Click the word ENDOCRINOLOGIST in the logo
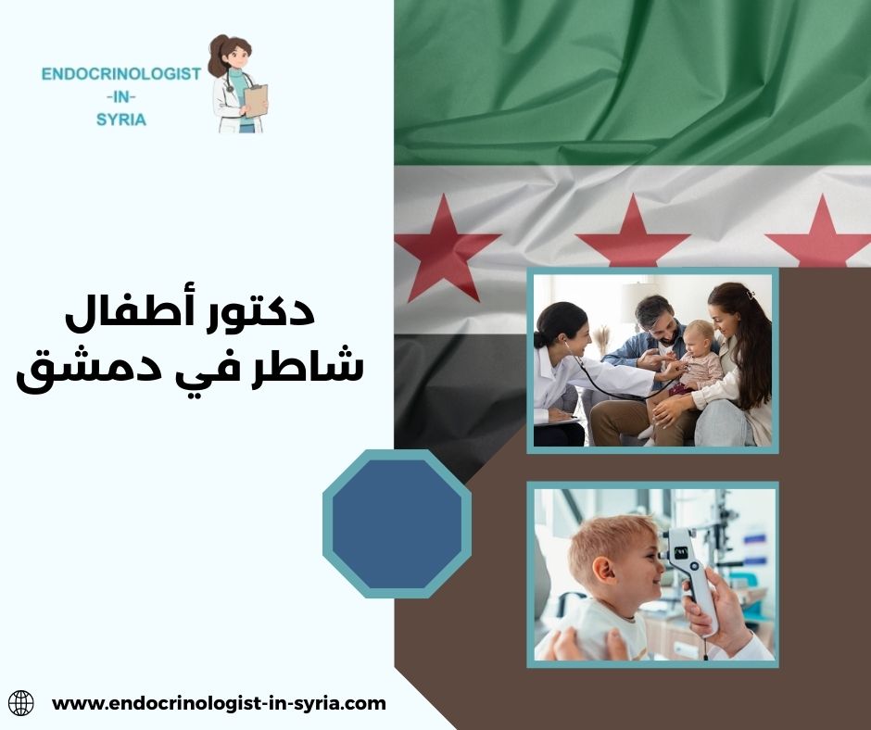121,74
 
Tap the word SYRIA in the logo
121,120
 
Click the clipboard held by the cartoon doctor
255,99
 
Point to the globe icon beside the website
20,703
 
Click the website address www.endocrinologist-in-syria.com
219,703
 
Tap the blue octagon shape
397,523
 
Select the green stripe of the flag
630,83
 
